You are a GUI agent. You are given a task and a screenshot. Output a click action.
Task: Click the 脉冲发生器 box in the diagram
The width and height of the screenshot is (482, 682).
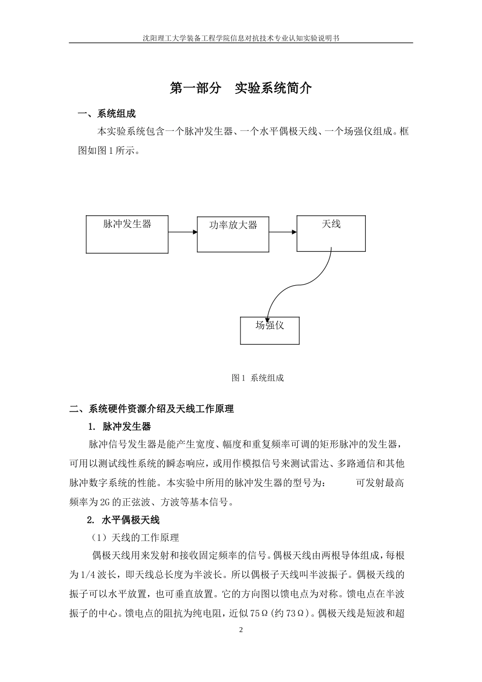pyautogui.click(x=127, y=234)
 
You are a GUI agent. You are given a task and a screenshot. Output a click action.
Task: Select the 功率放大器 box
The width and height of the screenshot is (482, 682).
pyautogui.click(x=233, y=234)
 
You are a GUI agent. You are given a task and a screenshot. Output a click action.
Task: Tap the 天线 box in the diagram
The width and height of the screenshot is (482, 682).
pyautogui.click(x=331, y=233)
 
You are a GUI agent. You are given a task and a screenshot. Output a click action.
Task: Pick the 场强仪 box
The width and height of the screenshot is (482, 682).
pyautogui.click(x=269, y=330)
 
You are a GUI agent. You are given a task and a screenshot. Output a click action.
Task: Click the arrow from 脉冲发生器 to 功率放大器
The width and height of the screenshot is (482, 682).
pyautogui.click(x=183, y=232)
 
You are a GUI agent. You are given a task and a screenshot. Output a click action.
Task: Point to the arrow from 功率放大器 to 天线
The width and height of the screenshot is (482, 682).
pyautogui.click(x=283, y=232)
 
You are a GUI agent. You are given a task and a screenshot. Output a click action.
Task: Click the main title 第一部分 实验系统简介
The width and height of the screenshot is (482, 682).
pyautogui.click(x=240, y=88)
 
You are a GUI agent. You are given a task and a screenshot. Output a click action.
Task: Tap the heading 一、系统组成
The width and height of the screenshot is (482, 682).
pyautogui.click(x=106, y=114)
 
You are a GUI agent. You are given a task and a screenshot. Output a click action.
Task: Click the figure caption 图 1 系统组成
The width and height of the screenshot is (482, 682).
pyautogui.click(x=257, y=378)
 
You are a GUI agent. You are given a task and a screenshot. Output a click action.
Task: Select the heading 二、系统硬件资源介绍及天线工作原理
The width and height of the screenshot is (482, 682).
pyautogui.click(x=152, y=409)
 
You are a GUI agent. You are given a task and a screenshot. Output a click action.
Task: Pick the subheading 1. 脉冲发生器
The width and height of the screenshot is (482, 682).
pyautogui.click(x=120, y=426)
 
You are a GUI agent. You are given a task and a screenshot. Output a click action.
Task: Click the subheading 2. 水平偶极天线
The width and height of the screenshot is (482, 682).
pyautogui.click(x=123, y=520)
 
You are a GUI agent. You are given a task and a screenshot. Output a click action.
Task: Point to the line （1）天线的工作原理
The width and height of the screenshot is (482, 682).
pyautogui.click(x=135, y=537)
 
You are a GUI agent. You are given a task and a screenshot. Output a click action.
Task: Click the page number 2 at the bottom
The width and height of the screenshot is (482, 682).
pyautogui.click(x=241, y=630)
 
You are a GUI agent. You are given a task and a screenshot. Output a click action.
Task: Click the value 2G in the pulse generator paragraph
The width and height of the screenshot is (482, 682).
pyautogui.click(x=105, y=502)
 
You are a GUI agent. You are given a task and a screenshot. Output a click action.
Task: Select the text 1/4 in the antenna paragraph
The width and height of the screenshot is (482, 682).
pyautogui.click(x=88, y=575)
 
